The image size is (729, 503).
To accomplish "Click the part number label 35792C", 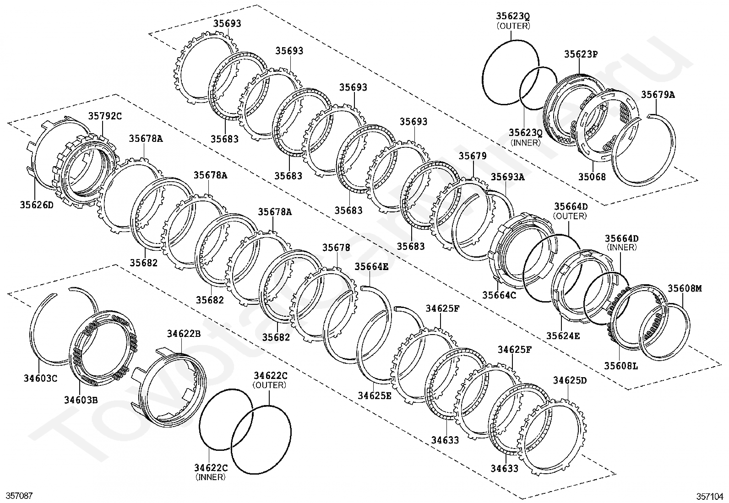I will click(x=105, y=116).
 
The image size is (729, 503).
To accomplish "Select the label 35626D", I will click(x=37, y=205).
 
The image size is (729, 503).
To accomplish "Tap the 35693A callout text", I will click(x=507, y=177).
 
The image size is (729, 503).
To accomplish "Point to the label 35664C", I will click(x=499, y=295).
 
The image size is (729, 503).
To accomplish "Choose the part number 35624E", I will click(x=563, y=335).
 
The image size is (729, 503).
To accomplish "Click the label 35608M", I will click(x=684, y=288).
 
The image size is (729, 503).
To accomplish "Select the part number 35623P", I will click(x=581, y=54).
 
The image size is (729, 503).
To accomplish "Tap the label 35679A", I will click(x=658, y=95).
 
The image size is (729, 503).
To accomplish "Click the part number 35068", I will click(x=592, y=177).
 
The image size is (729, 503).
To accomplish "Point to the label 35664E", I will click(x=371, y=266).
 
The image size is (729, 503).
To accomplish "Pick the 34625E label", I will click(x=375, y=395).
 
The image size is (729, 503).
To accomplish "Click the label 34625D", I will click(x=569, y=380).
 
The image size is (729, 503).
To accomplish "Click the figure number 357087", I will click(x=19, y=496).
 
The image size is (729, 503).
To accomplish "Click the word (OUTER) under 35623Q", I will click(x=513, y=26).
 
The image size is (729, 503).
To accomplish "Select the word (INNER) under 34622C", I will click(x=210, y=477).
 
